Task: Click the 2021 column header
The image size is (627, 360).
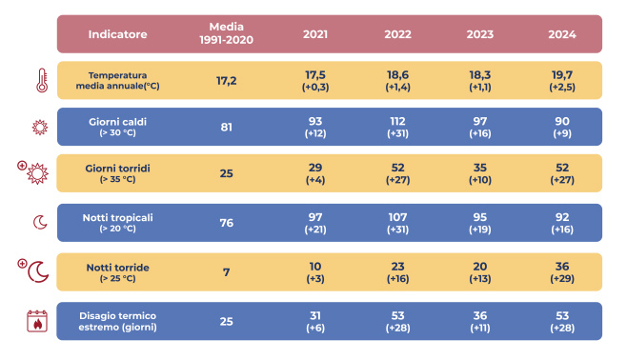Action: pyautogui.click(x=315, y=34)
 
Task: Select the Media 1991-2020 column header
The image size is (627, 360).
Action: pyautogui.click(x=227, y=33)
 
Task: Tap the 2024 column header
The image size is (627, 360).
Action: pyautogui.click(x=562, y=34)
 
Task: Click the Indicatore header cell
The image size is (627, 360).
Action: pyautogui.click(x=117, y=34)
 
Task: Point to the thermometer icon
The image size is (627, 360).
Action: pyautogui.click(x=42, y=80)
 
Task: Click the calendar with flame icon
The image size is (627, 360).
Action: pyautogui.click(x=37, y=321)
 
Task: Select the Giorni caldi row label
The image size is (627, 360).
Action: pyautogui.click(x=117, y=127)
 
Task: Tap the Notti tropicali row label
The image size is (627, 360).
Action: pyautogui.click(x=117, y=223)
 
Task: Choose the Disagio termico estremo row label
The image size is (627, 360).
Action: pyautogui.click(x=117, y=321)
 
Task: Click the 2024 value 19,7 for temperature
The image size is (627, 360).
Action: pyautogui.click(x=562, y=74)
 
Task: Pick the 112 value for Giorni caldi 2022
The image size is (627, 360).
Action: pyautogui.click(x=397, y=121)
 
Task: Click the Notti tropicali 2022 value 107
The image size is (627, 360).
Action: pyautogui.click(x=397, y=217)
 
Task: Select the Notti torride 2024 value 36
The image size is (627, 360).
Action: pyautogui.click(x=562, y=266)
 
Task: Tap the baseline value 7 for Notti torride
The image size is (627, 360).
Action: pyautogui.click(x=227, y=272)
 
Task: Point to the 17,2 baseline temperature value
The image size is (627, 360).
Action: pyautogui.click(x=227, y=81)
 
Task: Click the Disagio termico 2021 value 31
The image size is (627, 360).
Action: pyautogui.click(x=315, y=315)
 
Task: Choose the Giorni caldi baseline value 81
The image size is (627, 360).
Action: pyautogui.click(x=227, y=127)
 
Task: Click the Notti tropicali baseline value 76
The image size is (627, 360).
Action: pyautogui.click(x=227, y=223)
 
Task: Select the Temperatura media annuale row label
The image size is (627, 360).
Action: pyautogui.click(x=117, y=80)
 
